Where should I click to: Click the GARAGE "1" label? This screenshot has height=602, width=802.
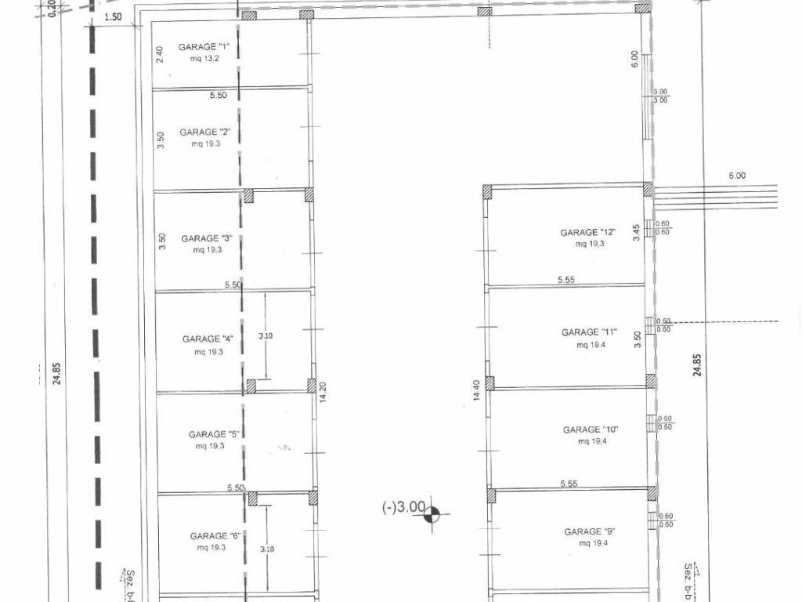tap(204, 47)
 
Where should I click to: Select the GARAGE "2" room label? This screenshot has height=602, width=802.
tap(205, 132)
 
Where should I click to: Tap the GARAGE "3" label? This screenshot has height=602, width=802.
tap(207, 238)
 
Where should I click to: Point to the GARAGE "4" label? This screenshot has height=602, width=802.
tap(208, 339)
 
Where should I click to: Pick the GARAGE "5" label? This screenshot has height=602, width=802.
tap(214, 434)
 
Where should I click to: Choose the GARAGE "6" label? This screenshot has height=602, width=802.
tap(215, 536)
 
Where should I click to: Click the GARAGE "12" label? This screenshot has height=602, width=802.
tap(588, 232)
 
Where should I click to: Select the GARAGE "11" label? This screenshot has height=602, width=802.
tap(589, 332)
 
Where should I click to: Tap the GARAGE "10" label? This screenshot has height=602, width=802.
tap(591, 430)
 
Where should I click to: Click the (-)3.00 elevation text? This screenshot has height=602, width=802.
tap(403, 507)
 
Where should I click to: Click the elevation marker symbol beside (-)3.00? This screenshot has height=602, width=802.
tap(432, 514)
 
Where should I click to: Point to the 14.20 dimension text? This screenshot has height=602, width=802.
tap(322, 393)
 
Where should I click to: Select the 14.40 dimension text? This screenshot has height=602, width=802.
tap(477, 390)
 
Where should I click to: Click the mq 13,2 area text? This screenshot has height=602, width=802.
tap(204, 58)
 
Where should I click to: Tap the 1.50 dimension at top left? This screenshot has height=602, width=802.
tap(113, 17)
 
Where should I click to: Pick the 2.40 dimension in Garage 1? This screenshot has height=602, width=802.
tap(160, 55)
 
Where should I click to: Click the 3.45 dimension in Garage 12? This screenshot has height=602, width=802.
tap(636, 233)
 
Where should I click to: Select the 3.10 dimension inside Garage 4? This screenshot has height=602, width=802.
tap(266, 335)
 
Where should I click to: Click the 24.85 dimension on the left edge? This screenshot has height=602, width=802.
tap(56, 373)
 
